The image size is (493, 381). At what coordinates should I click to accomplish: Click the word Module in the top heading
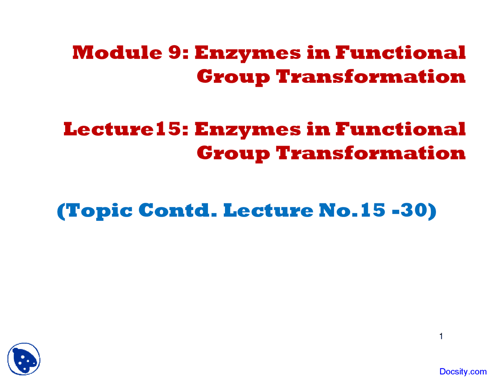click(x=117, y=52)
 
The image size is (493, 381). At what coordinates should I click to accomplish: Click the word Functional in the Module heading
click(x=401, y=52)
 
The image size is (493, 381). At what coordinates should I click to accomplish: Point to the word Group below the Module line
click(x=233, y=77)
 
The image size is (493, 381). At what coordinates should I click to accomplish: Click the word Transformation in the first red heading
click(x=371, y=76)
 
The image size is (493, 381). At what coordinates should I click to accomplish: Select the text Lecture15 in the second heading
click(x=126, y=129)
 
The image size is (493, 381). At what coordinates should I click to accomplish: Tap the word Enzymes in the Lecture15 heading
click(x=248, y=130)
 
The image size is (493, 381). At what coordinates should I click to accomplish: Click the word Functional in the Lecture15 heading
click(x=401, y=129)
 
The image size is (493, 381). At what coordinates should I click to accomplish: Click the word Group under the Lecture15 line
click(x=233, y=154)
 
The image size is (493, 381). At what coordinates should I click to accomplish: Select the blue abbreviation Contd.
click(x=178, y=210)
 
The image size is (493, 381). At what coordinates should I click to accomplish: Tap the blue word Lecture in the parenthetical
click(x=268, y=210)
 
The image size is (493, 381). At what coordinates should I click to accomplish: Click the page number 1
click(x=441, y=336)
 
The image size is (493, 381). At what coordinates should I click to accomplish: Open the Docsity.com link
click(x=463, y=371)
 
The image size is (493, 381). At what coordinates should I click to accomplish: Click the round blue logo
click(x=24, y=359)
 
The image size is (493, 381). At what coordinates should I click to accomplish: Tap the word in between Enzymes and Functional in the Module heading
click(x=318, y=52)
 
